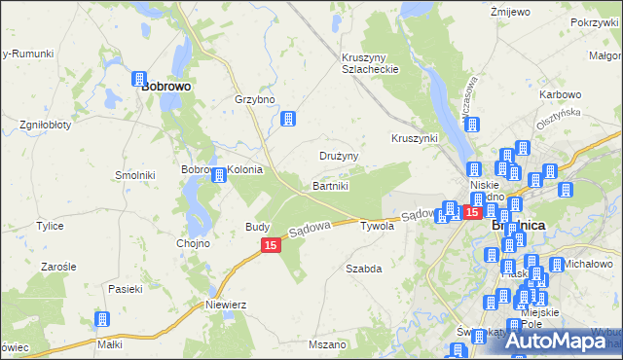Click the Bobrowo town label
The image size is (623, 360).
pyautogui.click(x=165, y=86)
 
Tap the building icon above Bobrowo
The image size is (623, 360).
pyautogui.click(x=140, y=78)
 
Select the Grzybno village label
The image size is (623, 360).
pyautogui.click(x=256, y=99)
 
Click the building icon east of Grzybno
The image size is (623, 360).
pyautogui.click(x=288, y=119)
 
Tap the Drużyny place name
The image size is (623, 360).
pyautogui.click(x=340, y=156)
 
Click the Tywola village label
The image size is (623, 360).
pyautogui.click(x=377, y=226)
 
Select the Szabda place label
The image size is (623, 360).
pyautogui.click(x=363, y=267)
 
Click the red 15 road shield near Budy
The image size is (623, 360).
pyautogui.click(x=272, y=247)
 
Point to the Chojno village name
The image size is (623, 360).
pyautogui.click(x=193, y=243)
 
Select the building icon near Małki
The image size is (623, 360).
pyautogui.click(x=101, y=318)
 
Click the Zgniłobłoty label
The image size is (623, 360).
pyautogui.click(x=43, y=126)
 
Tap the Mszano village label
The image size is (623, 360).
pyautogui.click(x=326, y=344)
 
